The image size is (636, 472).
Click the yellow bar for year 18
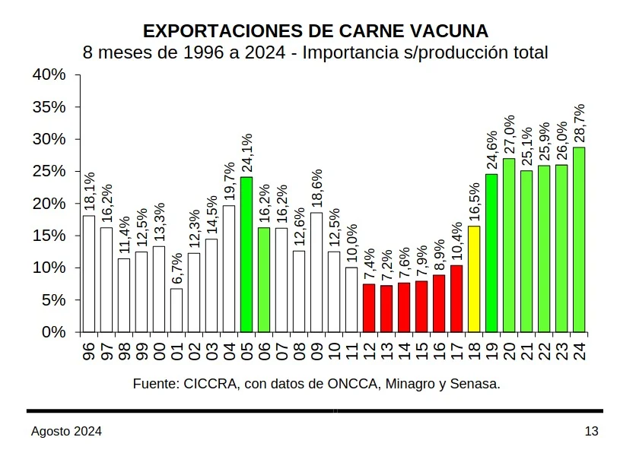(x=474, y=279)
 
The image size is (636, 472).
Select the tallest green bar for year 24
(x=579, y=239)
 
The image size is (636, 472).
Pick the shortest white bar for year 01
(x=176, y=310)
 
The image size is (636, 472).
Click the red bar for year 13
(x=386, y=309)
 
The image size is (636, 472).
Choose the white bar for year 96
(x=89, y=274)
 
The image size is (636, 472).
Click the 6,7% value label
(x=176, y=265)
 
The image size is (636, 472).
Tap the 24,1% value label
(x=246, y=154)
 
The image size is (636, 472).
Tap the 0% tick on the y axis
(x=54, y=332)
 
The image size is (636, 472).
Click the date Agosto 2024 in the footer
(x=66, y=431)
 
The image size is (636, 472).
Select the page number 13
(x=591, y=431)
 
